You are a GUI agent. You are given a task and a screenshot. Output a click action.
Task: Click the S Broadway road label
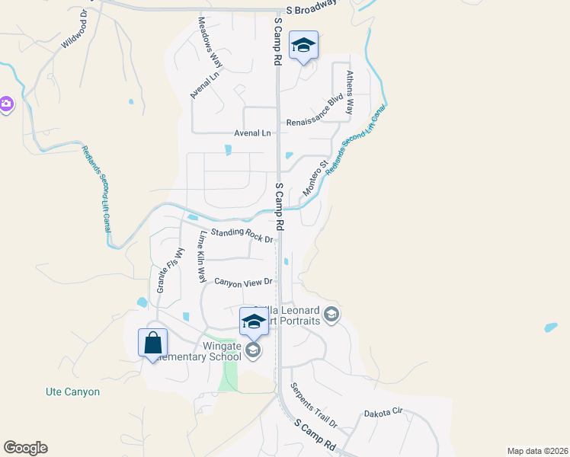(311, 8)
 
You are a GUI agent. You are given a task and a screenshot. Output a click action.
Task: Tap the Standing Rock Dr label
(242, 235)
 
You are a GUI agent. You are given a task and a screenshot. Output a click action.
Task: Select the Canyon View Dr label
(243, 283)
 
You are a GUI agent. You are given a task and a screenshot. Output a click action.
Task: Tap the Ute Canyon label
(72, 391)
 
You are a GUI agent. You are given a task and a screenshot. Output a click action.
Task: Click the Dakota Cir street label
(383, 413)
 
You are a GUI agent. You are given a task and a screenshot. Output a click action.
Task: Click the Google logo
(25, 447)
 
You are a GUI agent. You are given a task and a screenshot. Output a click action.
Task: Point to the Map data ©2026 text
(536, 451)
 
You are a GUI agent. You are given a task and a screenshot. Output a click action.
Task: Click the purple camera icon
(5, 104)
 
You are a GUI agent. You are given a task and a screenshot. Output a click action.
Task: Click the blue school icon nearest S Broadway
(303, 46)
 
